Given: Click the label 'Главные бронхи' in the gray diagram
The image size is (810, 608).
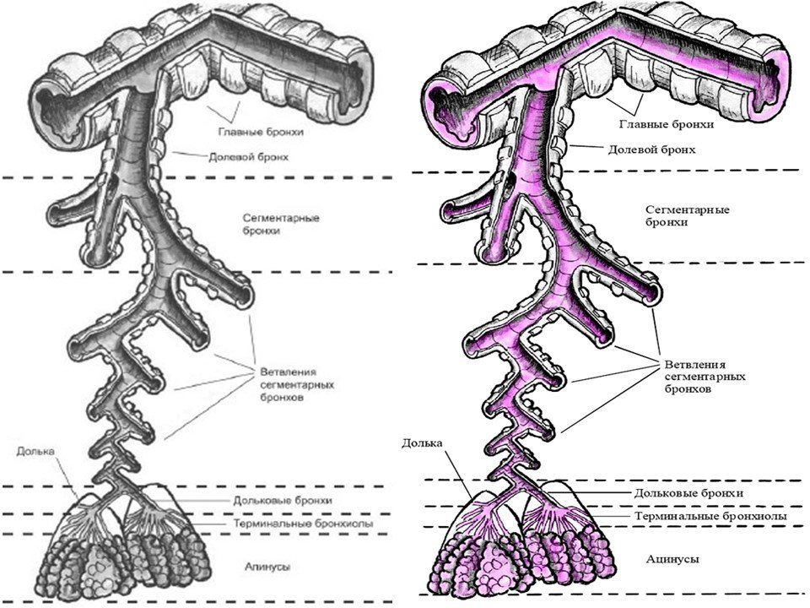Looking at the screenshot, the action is tap(261, 132).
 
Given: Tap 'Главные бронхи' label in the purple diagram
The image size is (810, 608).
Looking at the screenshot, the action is tap(667, 125).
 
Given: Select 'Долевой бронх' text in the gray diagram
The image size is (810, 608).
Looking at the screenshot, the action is tap(248, 157).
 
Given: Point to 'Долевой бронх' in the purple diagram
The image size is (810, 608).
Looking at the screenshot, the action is tap(651, 150).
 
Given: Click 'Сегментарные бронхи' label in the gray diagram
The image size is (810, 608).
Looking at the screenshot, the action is tap(281, 224).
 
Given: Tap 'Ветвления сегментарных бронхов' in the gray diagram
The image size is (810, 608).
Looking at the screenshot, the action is tap(297, 385).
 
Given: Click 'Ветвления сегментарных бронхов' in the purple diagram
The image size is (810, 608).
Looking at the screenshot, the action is tap(705, 377).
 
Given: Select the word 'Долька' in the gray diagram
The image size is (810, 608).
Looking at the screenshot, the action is tap(35, 451).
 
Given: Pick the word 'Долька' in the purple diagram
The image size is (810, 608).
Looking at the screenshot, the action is tap(422, 443).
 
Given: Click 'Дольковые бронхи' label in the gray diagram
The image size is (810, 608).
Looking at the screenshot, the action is tap(283, 501).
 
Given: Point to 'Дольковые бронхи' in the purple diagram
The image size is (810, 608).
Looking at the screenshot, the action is tap(688, 493).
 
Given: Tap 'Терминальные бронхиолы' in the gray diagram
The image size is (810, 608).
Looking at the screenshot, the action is tap(303, 524).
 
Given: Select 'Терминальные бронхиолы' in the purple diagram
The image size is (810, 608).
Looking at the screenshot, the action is tap(710, 516).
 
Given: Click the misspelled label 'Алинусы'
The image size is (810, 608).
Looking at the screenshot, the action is tap(267, 567).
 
